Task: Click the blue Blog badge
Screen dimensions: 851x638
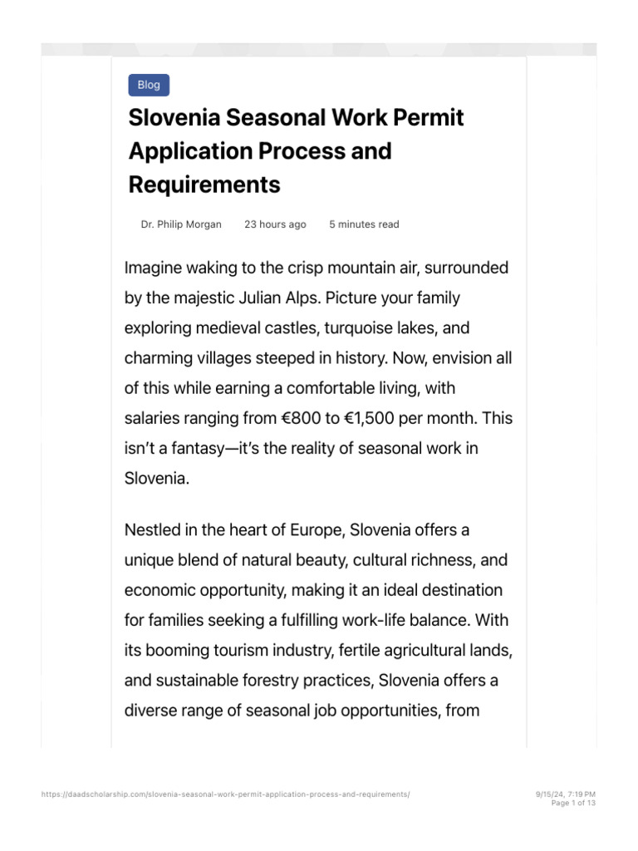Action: (x=149, y=85)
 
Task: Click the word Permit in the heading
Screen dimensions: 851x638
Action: (x=425, y=117)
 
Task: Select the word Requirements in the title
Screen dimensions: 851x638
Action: (x=204, y=184)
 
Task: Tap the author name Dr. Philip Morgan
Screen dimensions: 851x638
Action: (x=182, y=224)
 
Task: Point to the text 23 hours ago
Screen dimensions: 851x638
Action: (x=275, y=224)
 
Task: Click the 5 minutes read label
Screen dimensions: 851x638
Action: (x=364, y=224)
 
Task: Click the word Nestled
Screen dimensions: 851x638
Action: (x=152, y=529)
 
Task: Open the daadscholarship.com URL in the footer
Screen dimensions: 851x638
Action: (x=225, y=794)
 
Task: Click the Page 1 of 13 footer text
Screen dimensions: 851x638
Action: (x=573, y=804)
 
